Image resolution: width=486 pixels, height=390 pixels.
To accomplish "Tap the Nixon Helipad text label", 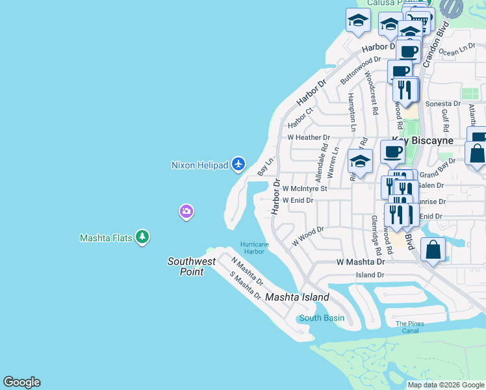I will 200,165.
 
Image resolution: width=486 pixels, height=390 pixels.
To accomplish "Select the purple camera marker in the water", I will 186,211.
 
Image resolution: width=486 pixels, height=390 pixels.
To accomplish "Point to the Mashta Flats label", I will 106,238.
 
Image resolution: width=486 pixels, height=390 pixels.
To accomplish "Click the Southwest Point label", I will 191,266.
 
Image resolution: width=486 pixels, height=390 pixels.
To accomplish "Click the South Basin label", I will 322,318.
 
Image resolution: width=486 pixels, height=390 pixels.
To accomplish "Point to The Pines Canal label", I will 410,327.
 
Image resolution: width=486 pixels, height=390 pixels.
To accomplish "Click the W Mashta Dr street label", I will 361,261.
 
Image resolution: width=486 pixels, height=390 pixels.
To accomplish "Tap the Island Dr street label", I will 370,275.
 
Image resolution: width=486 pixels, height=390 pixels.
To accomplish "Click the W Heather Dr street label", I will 309,138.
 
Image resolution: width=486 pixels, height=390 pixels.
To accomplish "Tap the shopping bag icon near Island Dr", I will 433,250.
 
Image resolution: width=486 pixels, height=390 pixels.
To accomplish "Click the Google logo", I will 21,382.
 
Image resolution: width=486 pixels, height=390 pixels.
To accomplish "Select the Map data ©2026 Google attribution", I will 446,385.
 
